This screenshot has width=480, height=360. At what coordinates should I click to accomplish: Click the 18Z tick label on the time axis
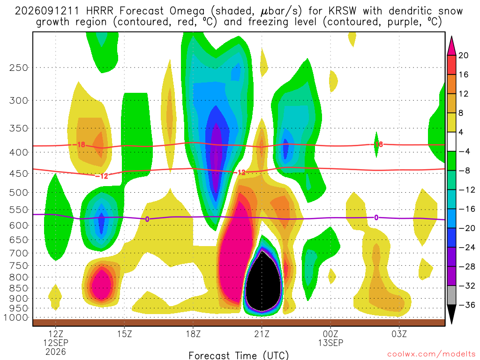point(193,334)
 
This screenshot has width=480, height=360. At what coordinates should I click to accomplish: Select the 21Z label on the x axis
point(262,334)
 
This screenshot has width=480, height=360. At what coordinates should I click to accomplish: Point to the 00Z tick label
point(330,334)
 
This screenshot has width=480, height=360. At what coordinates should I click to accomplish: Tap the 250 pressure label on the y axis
point(19,67)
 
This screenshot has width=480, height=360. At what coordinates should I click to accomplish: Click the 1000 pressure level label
point(16,317)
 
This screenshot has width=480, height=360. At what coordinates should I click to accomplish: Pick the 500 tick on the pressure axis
point(19,193)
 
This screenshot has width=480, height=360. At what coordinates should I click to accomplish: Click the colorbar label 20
point(464,55)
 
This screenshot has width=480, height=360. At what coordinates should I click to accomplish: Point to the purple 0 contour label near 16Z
point(147,219)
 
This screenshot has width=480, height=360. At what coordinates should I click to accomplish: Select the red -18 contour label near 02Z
point(377,144)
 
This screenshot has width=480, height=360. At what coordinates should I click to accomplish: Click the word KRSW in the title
point(343,11)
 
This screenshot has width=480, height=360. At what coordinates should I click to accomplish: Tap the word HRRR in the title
point(100,11)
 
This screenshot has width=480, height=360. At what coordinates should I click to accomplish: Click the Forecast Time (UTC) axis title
point(239,355)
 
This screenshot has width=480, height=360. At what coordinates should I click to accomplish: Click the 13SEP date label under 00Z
point(330,343)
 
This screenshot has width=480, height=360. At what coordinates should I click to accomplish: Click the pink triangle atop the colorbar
point(451,45)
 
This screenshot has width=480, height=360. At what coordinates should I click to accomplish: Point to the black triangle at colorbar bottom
point(451,314)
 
